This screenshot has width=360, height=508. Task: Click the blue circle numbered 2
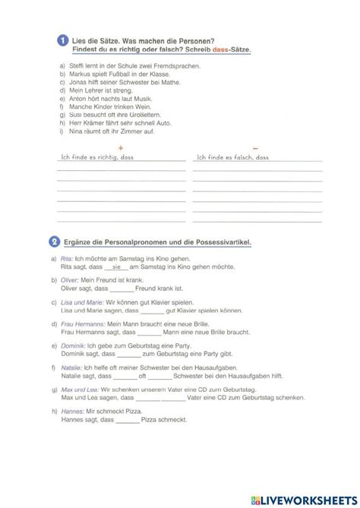[x=54, y=242]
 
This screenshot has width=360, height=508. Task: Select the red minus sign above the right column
[x=256, y=148]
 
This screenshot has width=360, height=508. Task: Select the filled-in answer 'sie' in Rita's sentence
[x=116, y=268]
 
